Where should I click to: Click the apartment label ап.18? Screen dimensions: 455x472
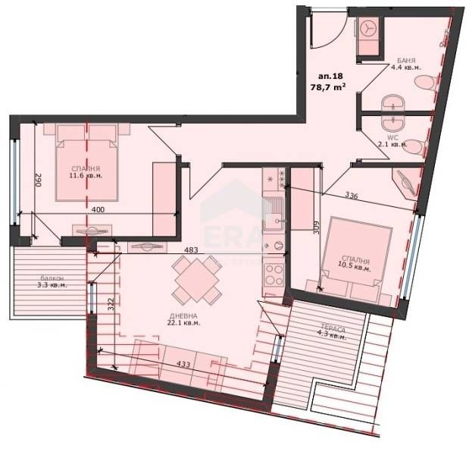(x=331, y=75)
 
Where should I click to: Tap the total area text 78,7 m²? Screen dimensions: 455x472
(x=330, y=86)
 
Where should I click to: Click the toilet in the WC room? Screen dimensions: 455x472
(x=415, y=150)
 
